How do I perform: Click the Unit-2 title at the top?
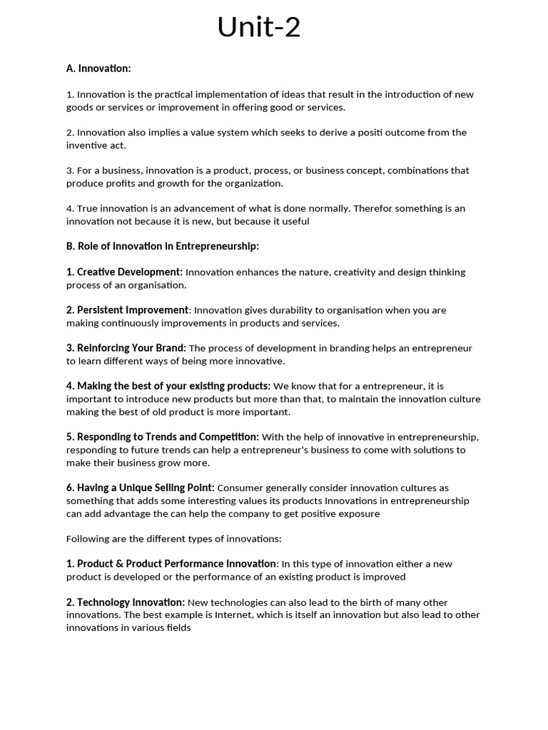click(x=259, y=28)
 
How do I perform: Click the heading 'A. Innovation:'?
click(x=98, y=68)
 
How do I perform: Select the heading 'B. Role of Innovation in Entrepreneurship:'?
click(x=163, y=246)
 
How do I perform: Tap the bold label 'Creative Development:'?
click(x=130, y=272)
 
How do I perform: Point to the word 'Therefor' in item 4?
click(x=372, y=208)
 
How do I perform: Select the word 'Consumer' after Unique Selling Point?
click(x=238, y=488)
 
